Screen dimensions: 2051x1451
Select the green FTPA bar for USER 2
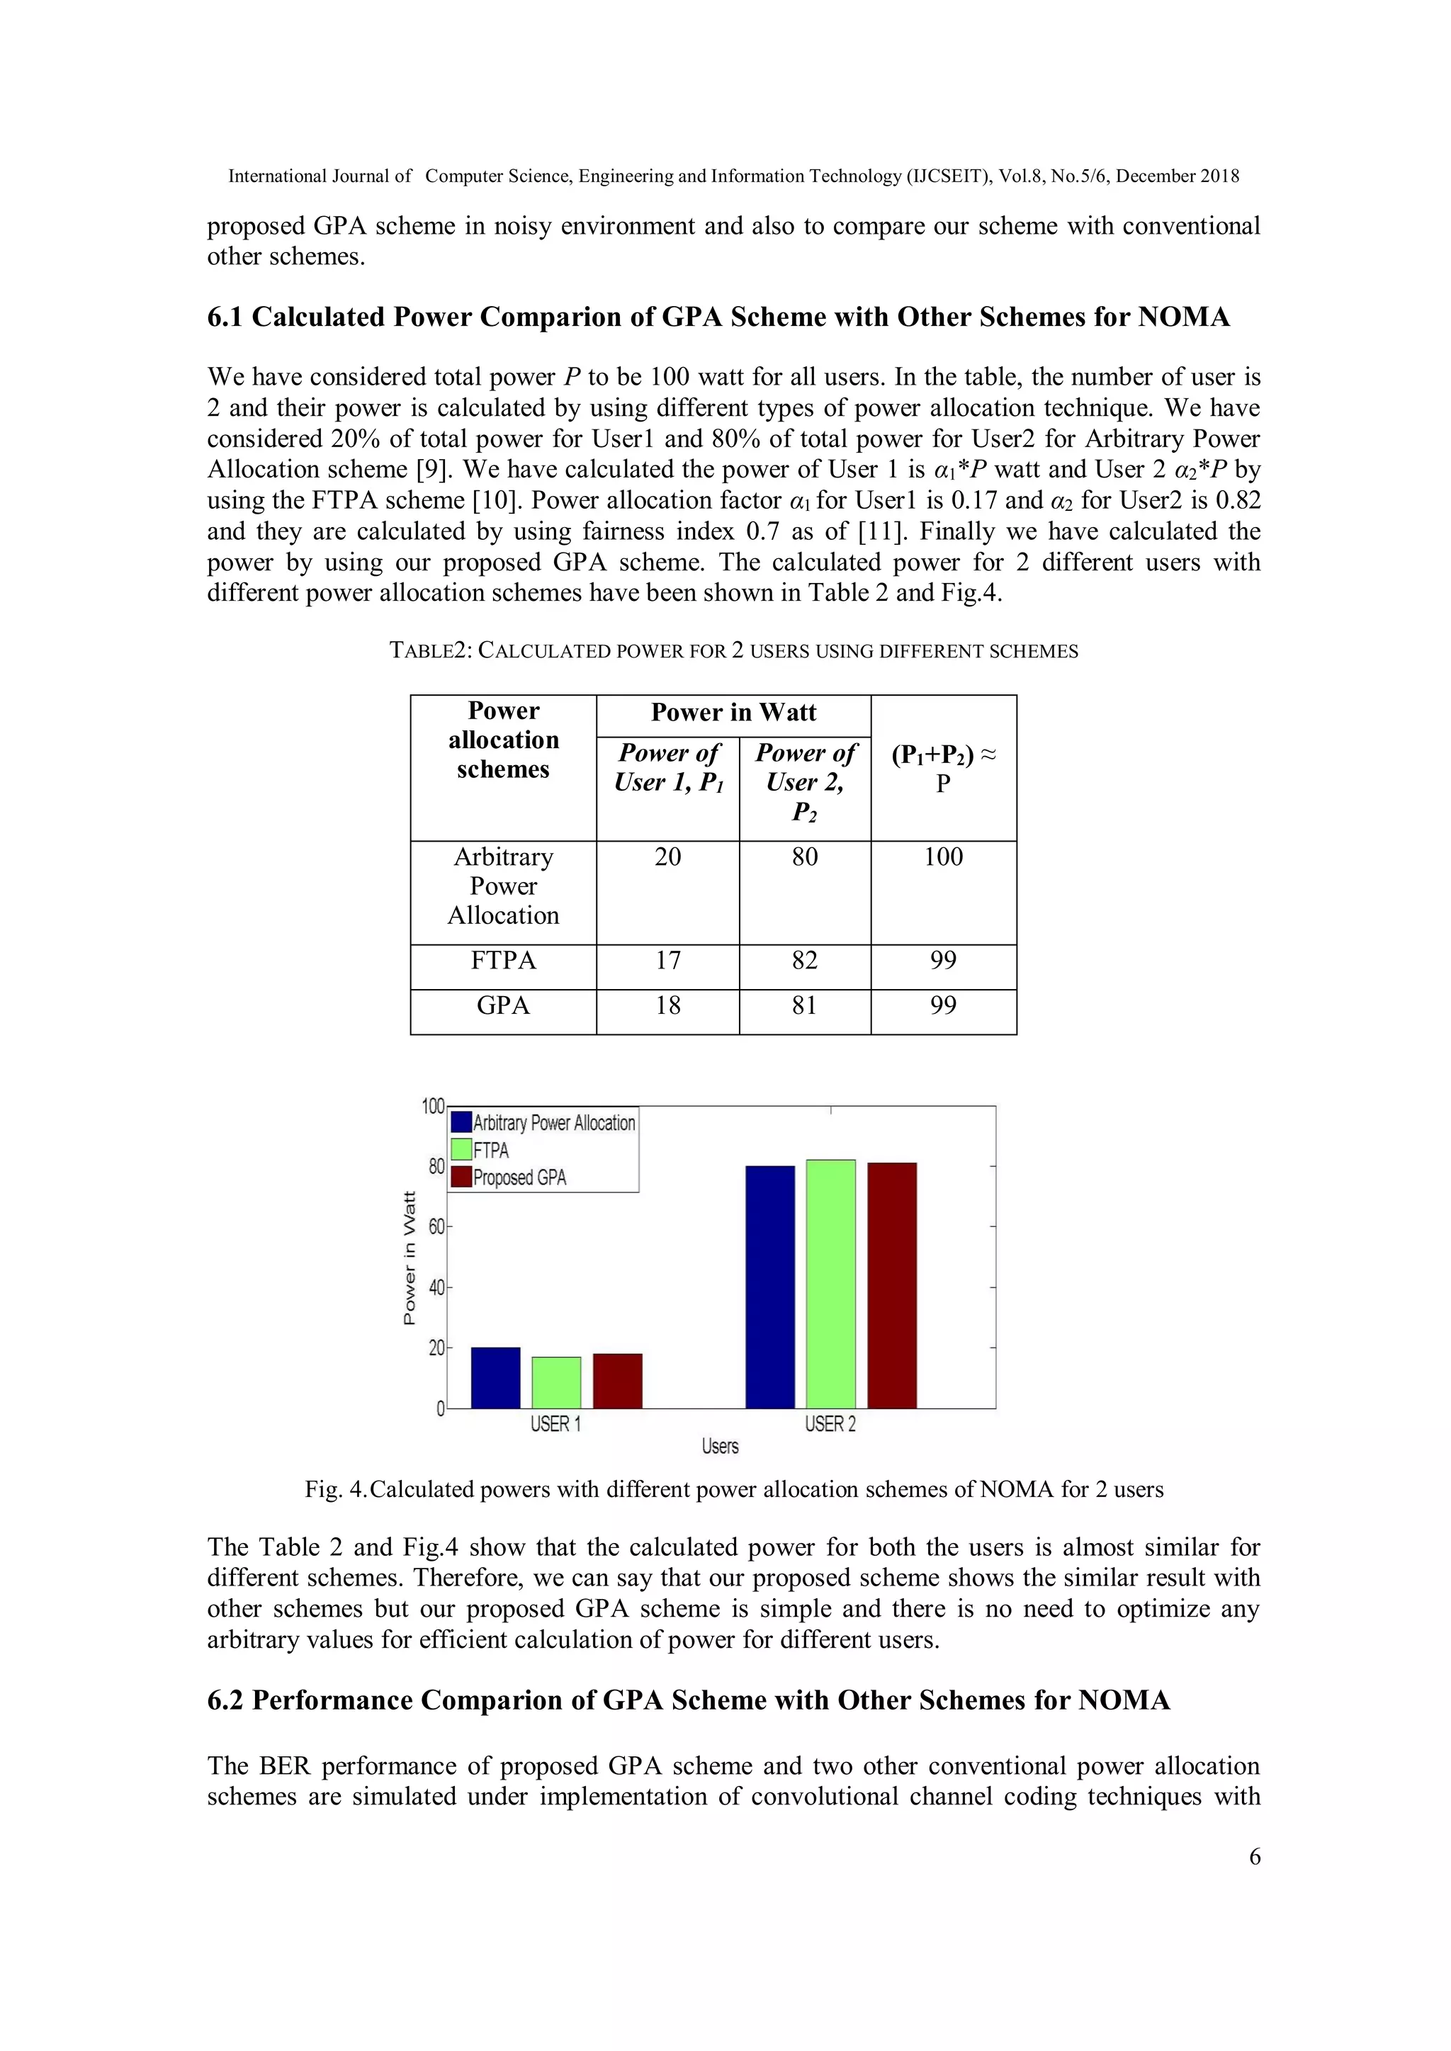[830, 1284]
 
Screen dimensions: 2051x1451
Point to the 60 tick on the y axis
[436, 1226]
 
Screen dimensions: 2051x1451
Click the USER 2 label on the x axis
[830, 1424]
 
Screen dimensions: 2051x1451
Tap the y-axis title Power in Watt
[410, 1258]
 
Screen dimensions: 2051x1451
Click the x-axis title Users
[720, 1446]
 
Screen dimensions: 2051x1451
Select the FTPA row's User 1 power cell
[667, 961]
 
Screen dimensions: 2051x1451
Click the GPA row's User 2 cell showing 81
[804, 1006]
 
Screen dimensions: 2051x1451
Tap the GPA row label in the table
[503, 1006]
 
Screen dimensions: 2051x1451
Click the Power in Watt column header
[733, 713]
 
